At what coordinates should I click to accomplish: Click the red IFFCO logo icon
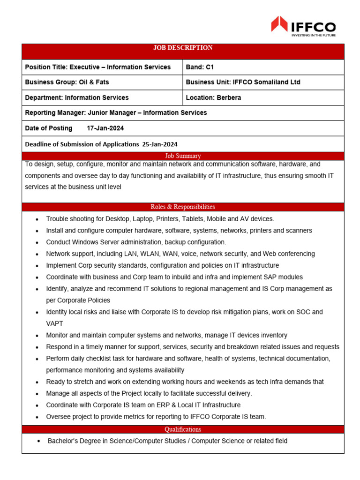tap(279, 24)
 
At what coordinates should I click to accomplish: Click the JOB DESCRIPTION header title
tap(183, 48)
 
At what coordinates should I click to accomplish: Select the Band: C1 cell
tap(200, 67)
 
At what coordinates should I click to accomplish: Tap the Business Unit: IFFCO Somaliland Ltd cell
tap(243, 82)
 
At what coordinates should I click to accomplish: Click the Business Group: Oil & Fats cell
tap(67, 82)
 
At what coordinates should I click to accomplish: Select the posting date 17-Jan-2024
tap(105, 128)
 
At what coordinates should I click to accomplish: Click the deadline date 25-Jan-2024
tap(160, 144)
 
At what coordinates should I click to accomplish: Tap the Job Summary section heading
tap(183, 156)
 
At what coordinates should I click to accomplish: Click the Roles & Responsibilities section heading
tap(183, 207)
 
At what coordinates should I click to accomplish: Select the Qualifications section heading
tap(183, 429)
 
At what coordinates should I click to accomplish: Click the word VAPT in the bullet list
tap(55, 323)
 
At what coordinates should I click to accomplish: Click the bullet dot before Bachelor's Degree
tap(39, 442)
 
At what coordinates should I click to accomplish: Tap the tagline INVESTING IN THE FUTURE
tap(314, 35)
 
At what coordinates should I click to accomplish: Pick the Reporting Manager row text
tap(116, 112)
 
